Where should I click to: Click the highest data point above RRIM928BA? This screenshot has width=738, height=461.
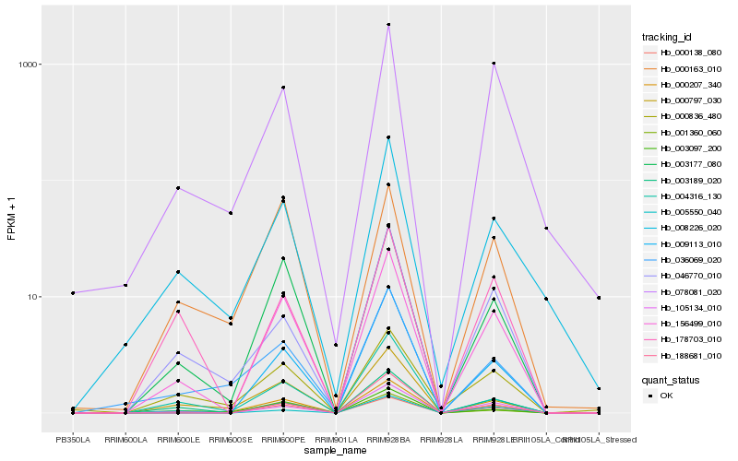pos(388,25)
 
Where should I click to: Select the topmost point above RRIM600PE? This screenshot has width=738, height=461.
pos(283,88)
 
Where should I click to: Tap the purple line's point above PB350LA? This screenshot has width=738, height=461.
pos(73,293)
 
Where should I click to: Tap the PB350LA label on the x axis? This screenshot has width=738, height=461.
pos(73,439)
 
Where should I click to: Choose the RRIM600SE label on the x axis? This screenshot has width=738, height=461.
pos(231,439)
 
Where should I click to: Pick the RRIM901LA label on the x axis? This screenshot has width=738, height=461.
pos(336,439)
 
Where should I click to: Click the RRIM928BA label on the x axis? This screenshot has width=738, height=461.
pos(388,439)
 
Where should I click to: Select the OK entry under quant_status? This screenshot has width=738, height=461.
pos(667,396)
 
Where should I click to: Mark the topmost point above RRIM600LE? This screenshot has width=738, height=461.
pos(178,188)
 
